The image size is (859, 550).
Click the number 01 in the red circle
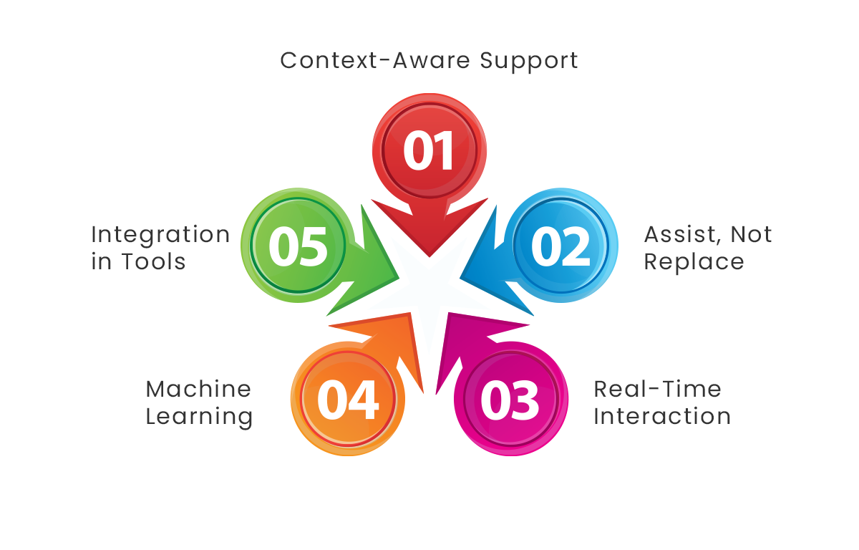tap(429, 151)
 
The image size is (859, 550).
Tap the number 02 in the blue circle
tap(560, 245)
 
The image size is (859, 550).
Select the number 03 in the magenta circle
tap(510, 400)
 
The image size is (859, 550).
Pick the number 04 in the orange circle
tap(348, 400)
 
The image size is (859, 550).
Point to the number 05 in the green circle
tap(299, 245)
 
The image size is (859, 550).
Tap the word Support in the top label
tap(529, 61)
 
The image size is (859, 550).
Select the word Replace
tap(694, 262)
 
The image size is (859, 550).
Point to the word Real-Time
tap(657, 389)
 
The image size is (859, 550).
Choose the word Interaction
tap(662, 416)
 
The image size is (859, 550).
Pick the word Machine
tap(198, 389)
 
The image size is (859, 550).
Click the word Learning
tap(199, 417)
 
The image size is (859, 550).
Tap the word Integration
tap(160, 235)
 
